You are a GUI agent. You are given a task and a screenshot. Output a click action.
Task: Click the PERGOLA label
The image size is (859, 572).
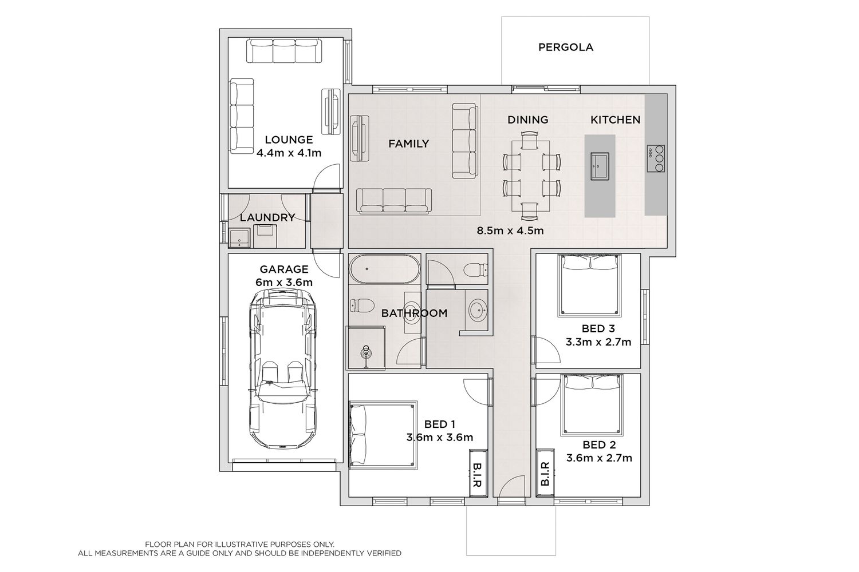coord(566,47)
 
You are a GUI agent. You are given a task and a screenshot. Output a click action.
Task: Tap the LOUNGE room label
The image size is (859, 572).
coord(289,140)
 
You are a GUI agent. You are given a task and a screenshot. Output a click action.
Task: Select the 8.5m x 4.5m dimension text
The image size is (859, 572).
coord(510,231)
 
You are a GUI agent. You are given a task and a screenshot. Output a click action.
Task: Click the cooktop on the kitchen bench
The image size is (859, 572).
coord(656,158)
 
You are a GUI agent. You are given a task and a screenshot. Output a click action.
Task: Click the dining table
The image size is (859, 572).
coord(531,174)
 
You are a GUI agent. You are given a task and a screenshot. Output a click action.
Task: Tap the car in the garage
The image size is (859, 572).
coord(283,368)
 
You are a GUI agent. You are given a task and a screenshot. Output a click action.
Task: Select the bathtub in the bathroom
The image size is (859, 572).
coord(385,269)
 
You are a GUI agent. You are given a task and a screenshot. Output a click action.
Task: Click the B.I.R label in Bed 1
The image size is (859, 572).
coord(477,475)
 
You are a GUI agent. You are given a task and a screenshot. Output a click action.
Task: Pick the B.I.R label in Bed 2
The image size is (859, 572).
coord(545,474)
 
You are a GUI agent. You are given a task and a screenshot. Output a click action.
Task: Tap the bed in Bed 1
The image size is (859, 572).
coord(383,435)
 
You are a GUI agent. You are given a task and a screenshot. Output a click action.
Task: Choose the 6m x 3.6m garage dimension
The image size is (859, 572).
coord(284,283)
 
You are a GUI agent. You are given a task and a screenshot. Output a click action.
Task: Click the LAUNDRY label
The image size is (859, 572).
coord(267,217)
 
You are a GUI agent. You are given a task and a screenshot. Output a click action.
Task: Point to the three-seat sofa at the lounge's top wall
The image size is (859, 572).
coord(284,51)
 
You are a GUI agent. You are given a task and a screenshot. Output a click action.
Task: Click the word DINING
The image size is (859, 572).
coord(527,120)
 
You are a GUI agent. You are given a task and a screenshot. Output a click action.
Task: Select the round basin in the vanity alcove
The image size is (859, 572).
coord(478,310)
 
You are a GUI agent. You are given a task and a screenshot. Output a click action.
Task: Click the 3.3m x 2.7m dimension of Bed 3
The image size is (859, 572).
coord(598,341)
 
